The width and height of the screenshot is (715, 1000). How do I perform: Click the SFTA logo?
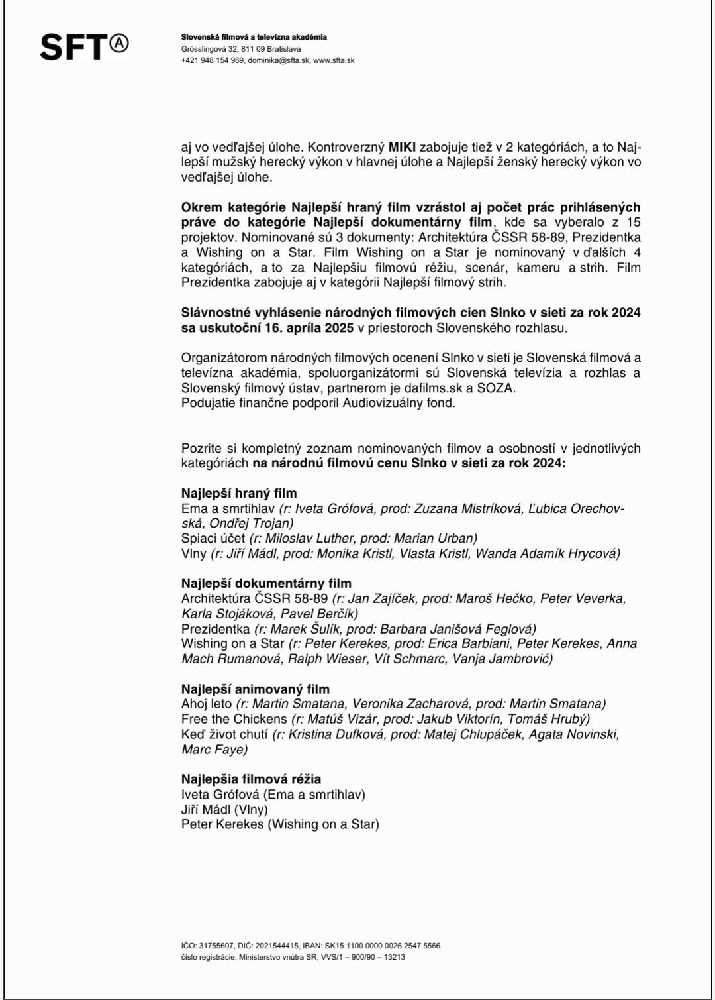[x=84, y=46]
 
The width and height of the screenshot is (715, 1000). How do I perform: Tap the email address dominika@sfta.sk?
[x=278, y=60]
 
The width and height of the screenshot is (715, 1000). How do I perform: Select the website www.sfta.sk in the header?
[x=334, y=60]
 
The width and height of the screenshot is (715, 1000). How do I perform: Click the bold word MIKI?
[x=402, y=147]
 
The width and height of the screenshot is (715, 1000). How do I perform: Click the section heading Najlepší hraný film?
[x=239, y=493]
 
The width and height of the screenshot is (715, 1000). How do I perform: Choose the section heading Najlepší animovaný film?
[x=255, y=689]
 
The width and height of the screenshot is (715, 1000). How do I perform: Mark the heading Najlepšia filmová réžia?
[x=251, y=779]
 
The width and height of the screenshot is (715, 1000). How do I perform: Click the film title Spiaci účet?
[x=213, y=538]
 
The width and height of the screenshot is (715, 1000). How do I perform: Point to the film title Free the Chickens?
[x=234, y=719]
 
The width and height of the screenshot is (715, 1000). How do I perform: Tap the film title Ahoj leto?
[x=207, y=704]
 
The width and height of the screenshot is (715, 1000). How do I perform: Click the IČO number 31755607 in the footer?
[x=216, y=946]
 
